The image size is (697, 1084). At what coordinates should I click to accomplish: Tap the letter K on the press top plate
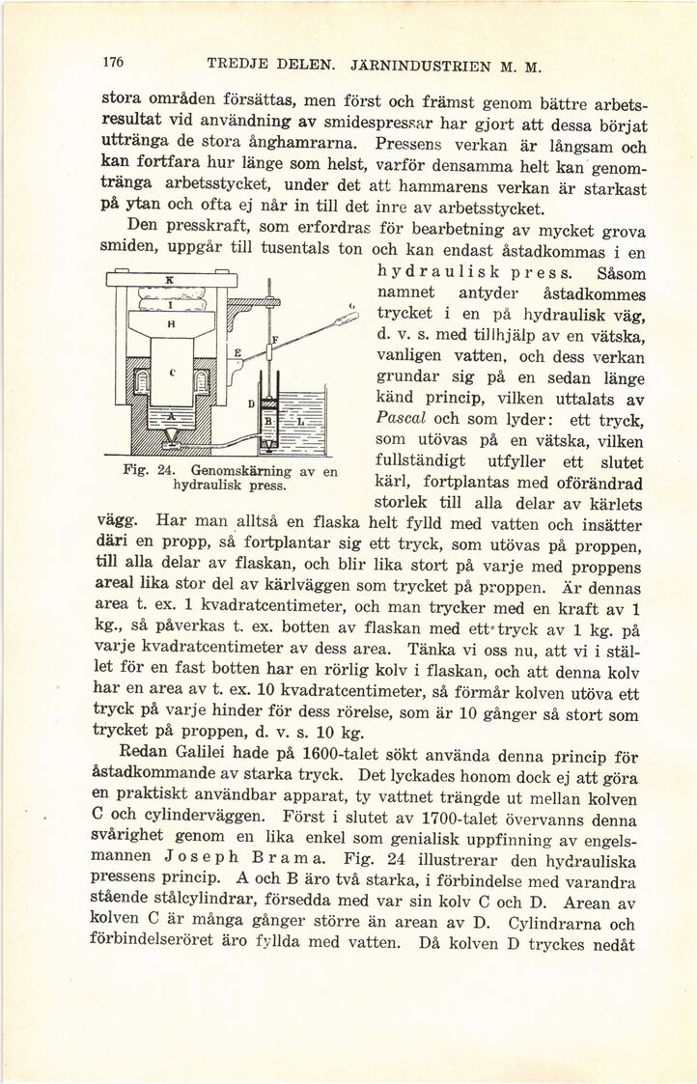(169, 278)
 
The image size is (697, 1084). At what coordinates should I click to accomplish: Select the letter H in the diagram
(170, 325)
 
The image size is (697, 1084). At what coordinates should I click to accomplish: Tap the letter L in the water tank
(300, 423)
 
